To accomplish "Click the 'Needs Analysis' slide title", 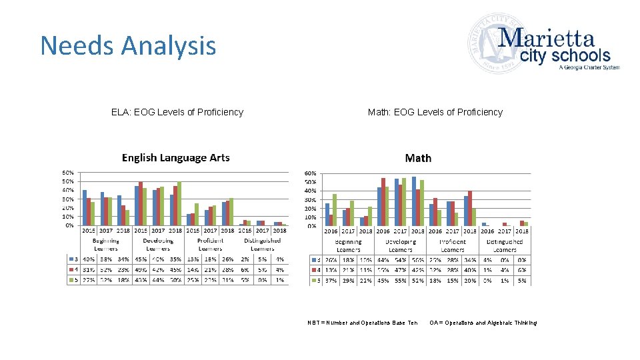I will [x=128, y=46].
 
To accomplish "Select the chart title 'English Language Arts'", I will [x=175, y=158].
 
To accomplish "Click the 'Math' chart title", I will [x=418, y=158].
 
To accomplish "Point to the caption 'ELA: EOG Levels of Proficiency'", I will [x=177, y=112].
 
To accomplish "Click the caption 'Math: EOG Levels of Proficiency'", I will [x=435, y=112].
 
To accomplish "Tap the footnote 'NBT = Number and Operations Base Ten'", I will [x=363, y=323].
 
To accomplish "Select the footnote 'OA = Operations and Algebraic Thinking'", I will [x=483, y=323].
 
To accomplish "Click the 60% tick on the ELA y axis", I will [x=68, y=173].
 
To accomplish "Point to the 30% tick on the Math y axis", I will [x=310, y=199].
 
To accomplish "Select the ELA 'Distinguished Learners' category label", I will [x=262, y=245].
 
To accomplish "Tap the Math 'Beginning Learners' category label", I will [x=348, y=245].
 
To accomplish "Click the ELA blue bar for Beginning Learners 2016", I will [x=85, y=207].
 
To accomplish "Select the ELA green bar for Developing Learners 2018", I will [x=179, y=203].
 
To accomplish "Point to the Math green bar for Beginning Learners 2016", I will [x=335, y=210].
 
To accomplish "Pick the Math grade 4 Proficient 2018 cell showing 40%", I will [x=470, y=270].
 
